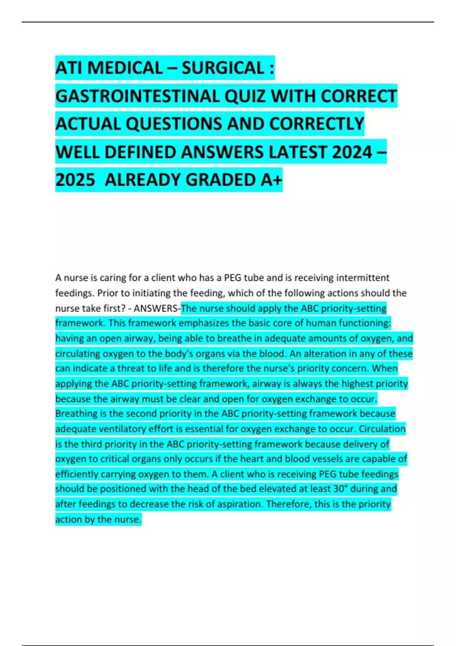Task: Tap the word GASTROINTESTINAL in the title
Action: pyautogui.click(x=137, y=96)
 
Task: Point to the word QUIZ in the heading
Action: pyautogui.click(x=245, y=96)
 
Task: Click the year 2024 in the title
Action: pyautogui.click(x=352, y=152)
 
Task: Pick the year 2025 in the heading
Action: pyautogui.click(x=75, y=180)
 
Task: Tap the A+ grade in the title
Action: pyautogui.click(x=271, y=180)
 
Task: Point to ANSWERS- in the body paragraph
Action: pyautogui.click(x=157, y=308)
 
